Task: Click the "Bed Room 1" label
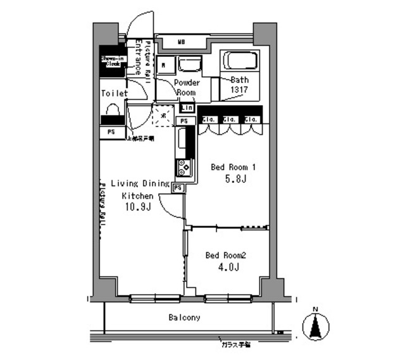[232, 168]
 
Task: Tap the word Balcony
[184, 318]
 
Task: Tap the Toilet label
[114, 94]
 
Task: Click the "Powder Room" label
[187, 87]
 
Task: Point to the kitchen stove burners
[184, 166]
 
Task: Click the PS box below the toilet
[111, 132]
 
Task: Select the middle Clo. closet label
[229, 119]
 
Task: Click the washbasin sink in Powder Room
[188, 65]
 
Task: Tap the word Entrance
[135, 58]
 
